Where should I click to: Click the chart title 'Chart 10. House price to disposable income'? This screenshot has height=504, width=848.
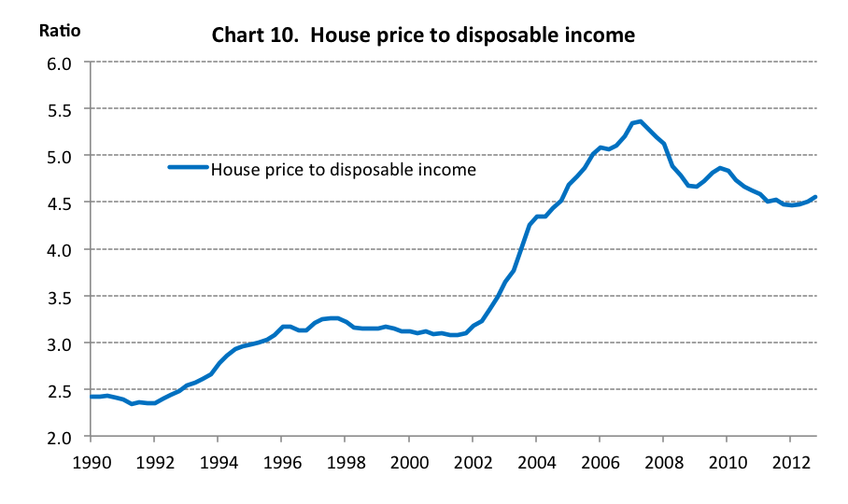tap(423, 35)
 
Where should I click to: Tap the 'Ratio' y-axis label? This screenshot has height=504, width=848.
tap(59, 30)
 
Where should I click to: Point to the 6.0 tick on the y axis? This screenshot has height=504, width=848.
tap(59, 63)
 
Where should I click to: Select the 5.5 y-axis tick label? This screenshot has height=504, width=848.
tap(59, 110)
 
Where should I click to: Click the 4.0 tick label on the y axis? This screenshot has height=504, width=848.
tap(59, 250)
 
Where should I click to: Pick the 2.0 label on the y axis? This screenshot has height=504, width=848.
tap(59, 437)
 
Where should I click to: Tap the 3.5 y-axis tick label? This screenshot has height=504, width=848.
tap(59, 297)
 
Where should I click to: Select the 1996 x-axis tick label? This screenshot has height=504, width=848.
tap(281, 461)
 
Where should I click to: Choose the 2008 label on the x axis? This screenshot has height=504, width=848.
tap(663, 461)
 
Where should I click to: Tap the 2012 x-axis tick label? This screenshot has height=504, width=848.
tap(790, 461)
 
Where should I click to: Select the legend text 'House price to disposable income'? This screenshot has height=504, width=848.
tap(344, 169)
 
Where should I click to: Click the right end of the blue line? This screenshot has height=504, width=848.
tap(815, 197)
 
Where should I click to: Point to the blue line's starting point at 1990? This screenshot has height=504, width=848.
tap(91, 397)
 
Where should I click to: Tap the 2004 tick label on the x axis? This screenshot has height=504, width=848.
tap(536, 461)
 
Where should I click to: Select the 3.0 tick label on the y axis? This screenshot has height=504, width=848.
tap(59, 343)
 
